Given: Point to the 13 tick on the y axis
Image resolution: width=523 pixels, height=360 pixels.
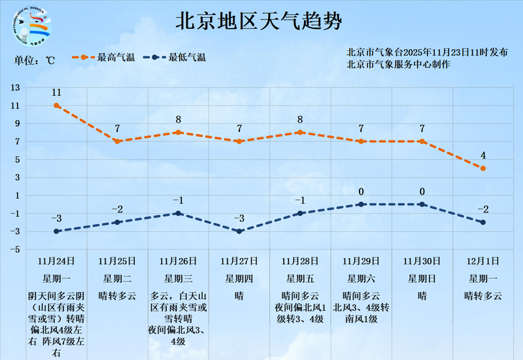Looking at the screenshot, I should (x=15, y=88).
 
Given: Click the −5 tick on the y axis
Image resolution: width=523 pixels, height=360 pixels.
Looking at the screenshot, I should (x=15, y=250).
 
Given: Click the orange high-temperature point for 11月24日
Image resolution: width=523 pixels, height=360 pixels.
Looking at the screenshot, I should (x=57, y=105).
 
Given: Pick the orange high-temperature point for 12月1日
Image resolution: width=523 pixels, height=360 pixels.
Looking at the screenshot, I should (x=483, y=169).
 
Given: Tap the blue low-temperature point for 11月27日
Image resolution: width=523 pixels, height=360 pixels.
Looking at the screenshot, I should (x=239, y=231).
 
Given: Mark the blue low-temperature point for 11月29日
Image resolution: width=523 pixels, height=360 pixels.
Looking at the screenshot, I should (x=362, y=205).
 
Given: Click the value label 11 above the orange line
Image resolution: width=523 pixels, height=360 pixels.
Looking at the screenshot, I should (x=57, y=93).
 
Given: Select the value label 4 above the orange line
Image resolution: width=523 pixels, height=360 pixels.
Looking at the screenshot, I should (x=483, y=155).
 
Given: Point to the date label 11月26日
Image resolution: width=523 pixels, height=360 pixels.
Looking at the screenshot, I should (x=178, y=261).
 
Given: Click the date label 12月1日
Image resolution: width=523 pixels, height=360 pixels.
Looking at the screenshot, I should (x=483, y=261).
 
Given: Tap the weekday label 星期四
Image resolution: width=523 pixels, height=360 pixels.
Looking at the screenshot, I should (x=239, y=278).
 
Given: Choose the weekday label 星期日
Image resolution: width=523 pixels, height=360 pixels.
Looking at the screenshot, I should (x=422, y=278).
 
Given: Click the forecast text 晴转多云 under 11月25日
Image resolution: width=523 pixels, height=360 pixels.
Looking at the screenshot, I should (x=118, y=295).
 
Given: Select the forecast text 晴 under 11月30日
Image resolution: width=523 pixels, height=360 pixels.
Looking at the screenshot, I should (x=422, y=295).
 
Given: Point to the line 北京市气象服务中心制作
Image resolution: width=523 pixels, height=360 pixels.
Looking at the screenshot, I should (x=398, y=64).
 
